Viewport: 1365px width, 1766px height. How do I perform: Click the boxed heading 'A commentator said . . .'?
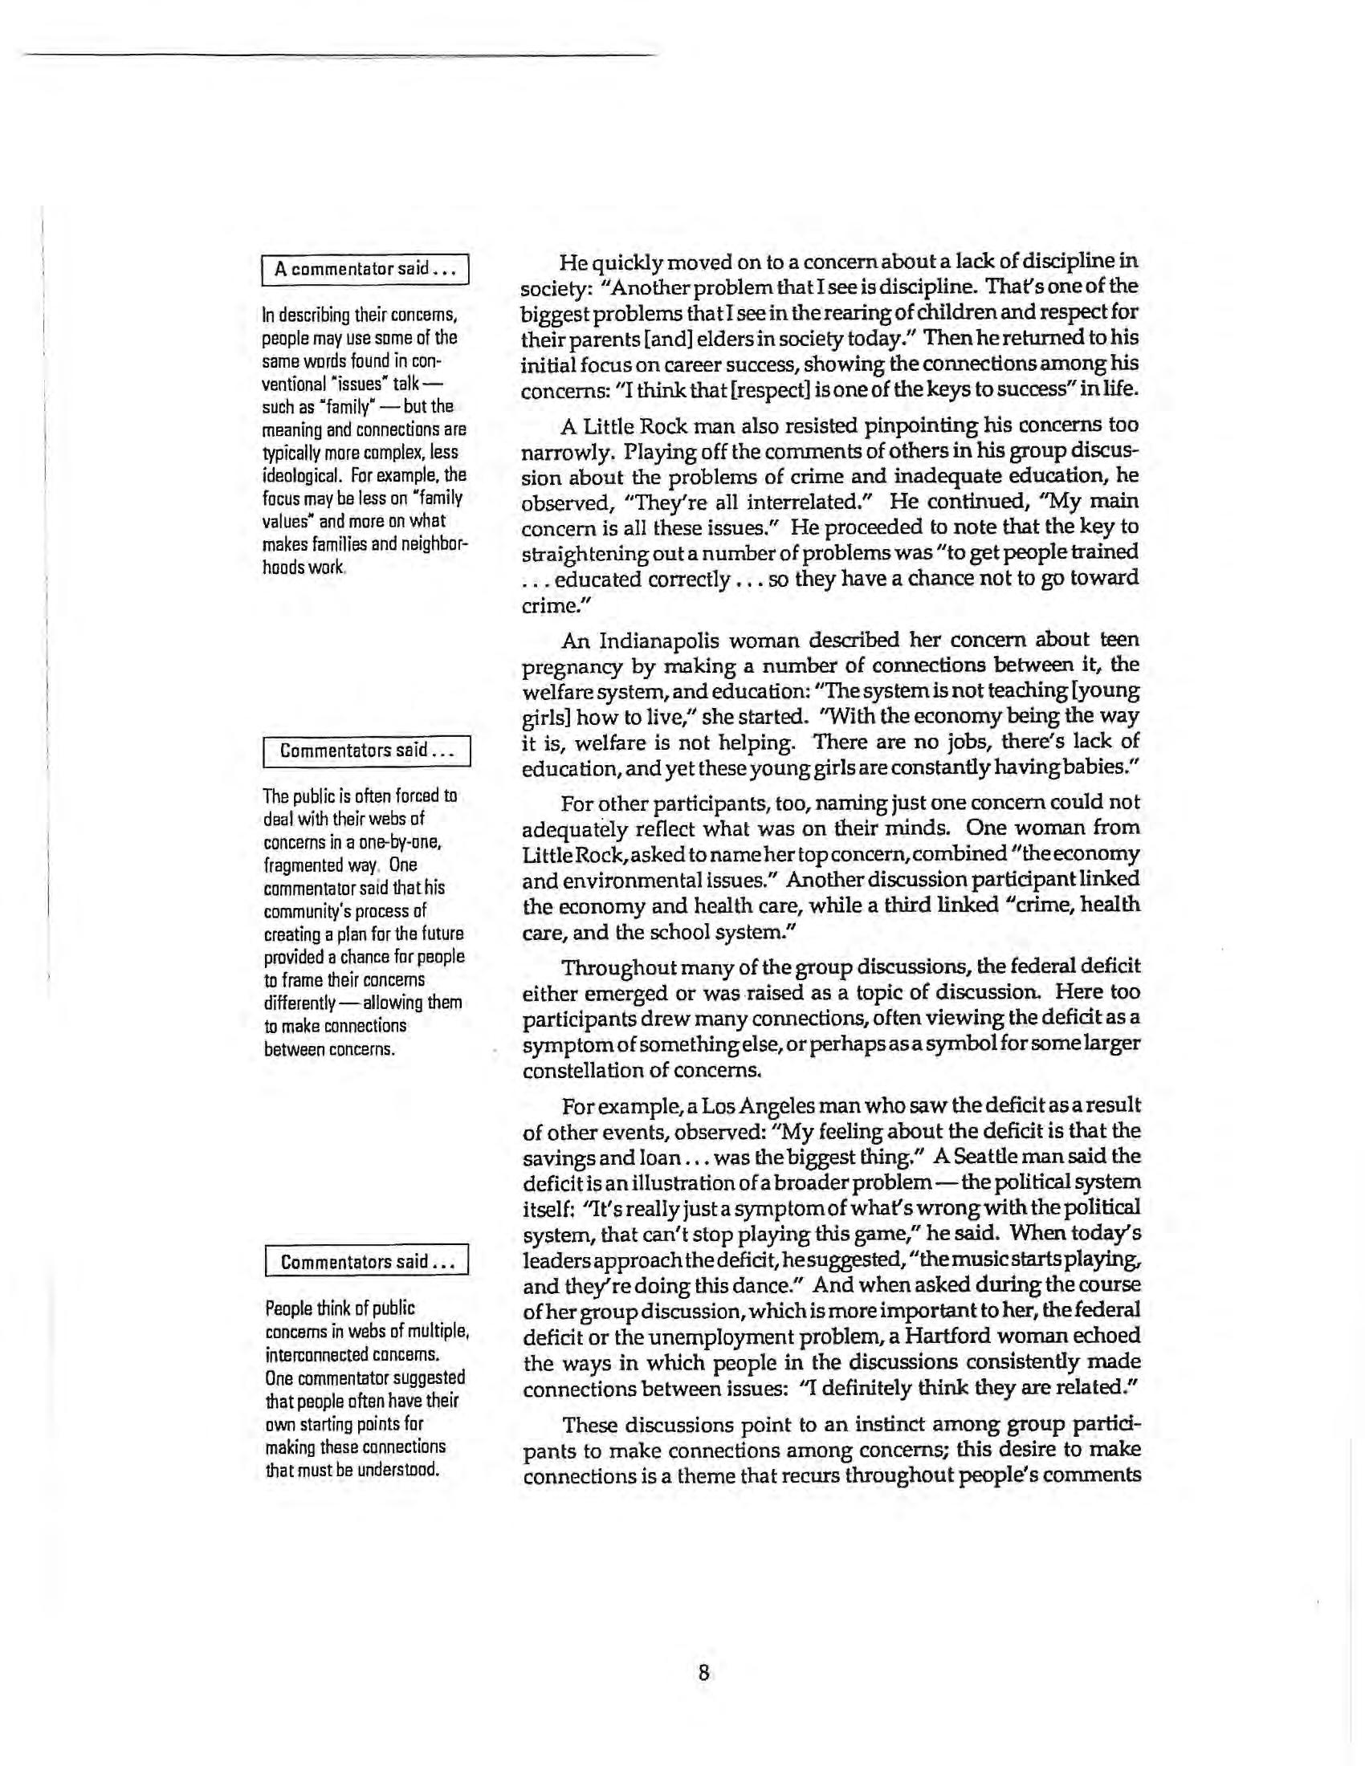(365, 268)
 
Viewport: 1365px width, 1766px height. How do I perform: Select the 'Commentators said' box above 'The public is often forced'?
(366, 751)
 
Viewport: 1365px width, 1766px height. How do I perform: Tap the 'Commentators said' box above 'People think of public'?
(366, 1261)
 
